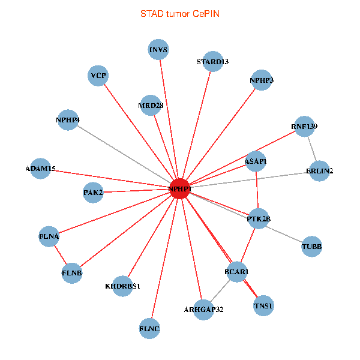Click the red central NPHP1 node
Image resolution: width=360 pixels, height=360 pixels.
coord(180,190)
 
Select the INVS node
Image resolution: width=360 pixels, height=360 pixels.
coord(158,49)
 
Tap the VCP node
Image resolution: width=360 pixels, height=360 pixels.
coord(98,76)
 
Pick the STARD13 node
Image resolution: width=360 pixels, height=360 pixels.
coord(213,61)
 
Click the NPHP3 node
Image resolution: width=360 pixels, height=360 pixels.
coord(261,80)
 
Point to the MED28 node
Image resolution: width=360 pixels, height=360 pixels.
coord(150,106)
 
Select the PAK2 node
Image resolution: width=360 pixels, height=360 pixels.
coord(94,193)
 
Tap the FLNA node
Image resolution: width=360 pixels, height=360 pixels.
coord(49,236)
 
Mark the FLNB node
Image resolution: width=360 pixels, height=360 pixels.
coord(72,273)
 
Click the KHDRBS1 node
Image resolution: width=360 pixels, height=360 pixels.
coord(122,286)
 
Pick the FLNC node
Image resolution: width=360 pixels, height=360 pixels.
coord(150,328)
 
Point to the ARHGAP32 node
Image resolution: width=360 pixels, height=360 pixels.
coord(203,310)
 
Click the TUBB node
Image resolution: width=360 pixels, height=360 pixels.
coord(311,246)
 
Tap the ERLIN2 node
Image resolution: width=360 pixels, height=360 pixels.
coord(320,170)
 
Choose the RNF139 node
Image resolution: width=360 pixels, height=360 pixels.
coord(304,127)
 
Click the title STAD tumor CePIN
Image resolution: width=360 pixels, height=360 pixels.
coord(180,13)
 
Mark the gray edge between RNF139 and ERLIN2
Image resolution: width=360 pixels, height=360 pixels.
coord(312,149)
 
